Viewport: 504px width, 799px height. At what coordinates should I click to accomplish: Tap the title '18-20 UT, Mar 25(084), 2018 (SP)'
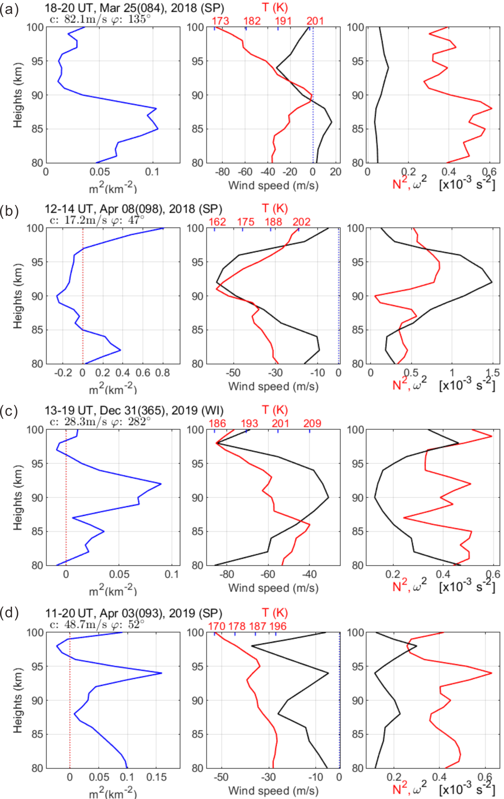coord(134,8)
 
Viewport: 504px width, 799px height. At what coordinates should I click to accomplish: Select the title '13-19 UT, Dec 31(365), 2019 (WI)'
coord(134,410)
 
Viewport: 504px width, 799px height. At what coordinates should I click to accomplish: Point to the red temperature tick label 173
coord(220,21)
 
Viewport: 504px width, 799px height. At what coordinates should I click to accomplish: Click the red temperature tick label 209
coord(312,423)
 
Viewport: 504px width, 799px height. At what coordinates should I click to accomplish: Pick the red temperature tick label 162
coord(217,222)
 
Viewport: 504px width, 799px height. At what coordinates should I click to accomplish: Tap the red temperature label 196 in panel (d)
coord(278,626)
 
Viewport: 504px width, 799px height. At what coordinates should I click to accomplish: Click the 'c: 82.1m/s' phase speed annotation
coord(79,19)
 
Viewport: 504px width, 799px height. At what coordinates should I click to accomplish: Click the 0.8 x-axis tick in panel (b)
coord(162,373)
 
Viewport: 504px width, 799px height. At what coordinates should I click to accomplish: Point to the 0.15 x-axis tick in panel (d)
coord(158,777)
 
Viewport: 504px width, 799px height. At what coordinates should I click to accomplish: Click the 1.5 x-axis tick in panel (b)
coord(492,373)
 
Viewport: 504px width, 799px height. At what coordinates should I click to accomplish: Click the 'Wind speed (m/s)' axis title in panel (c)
coord(273,588)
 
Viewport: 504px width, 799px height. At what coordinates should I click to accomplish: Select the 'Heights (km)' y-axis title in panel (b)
coord(18,296)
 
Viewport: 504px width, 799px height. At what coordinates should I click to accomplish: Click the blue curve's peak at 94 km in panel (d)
coord(161,673)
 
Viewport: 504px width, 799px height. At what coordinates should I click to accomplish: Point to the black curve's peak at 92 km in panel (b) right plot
coord(492,282)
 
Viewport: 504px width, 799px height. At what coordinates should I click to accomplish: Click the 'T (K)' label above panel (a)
coord(274,8)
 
